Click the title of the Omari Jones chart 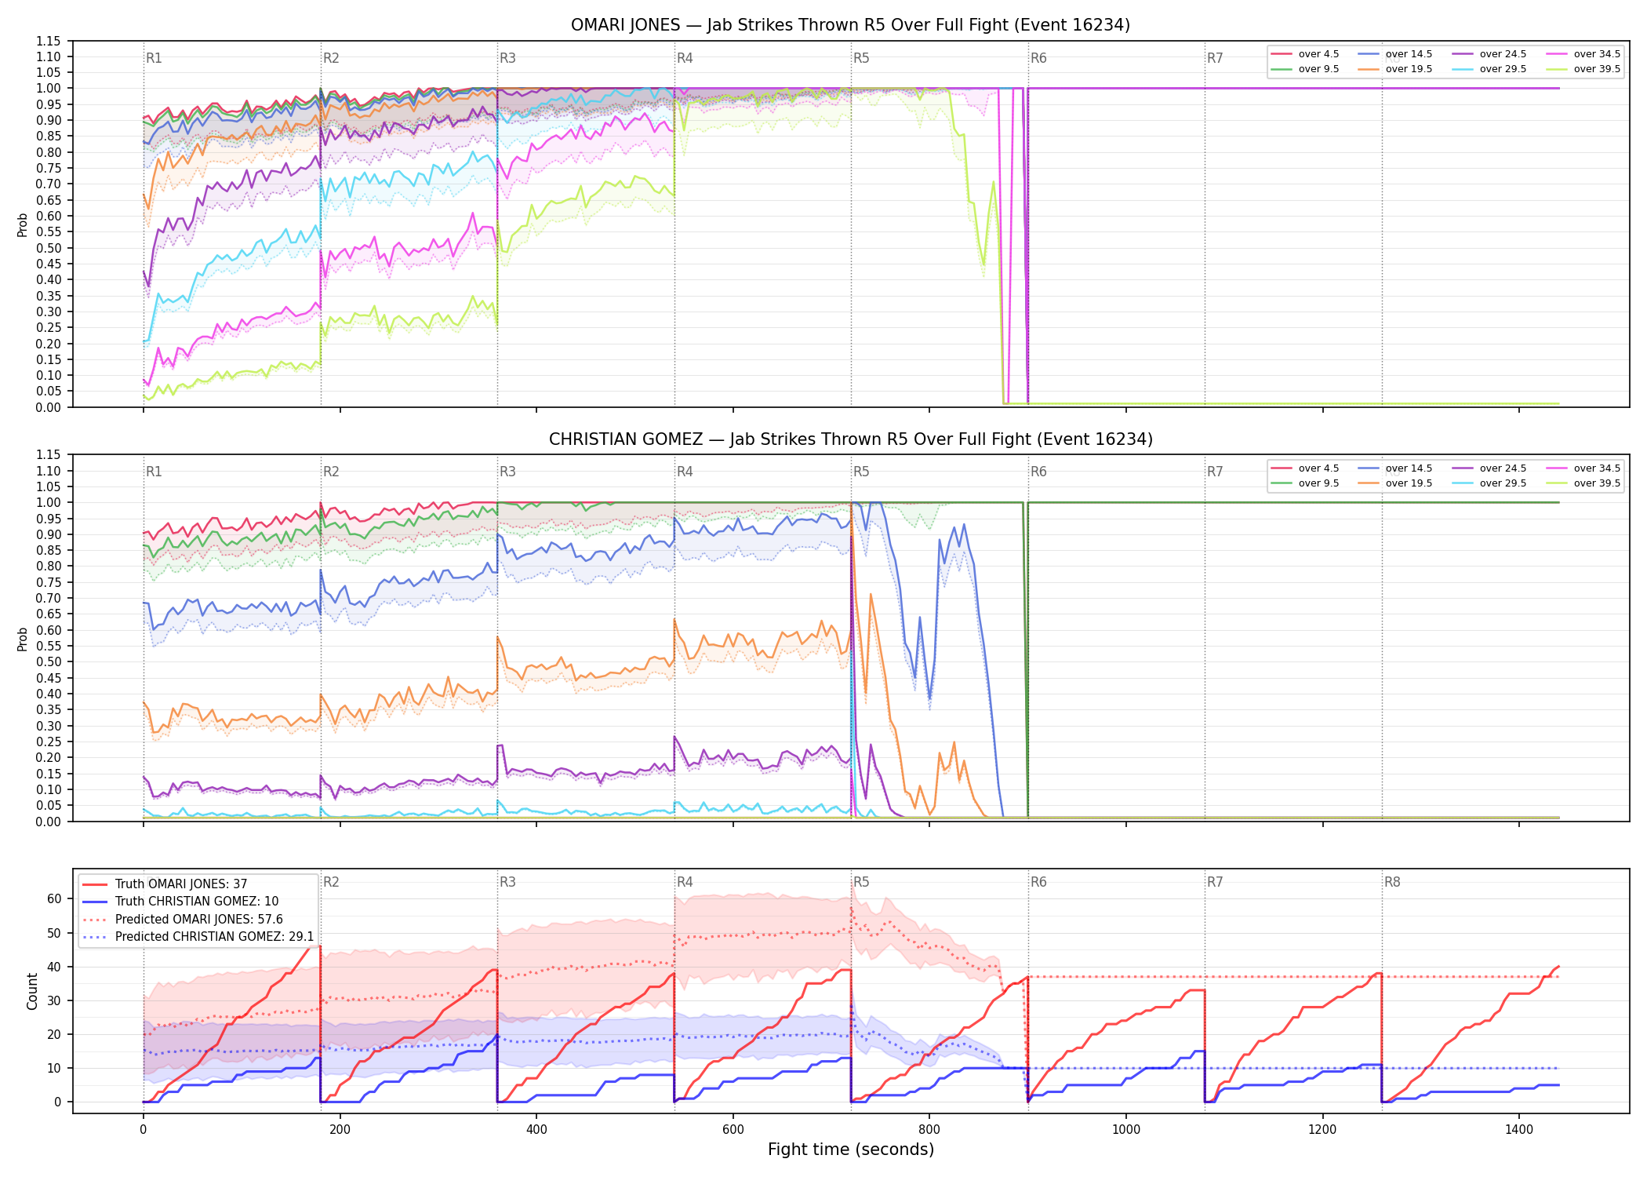850,25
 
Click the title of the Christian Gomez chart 850,439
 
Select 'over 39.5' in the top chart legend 1597,69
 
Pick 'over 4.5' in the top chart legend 1318,54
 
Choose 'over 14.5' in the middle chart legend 1409,468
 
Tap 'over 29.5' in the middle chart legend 1503,483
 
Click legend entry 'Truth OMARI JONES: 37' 181,884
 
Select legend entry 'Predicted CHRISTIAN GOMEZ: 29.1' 214,937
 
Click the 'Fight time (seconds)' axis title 851,1150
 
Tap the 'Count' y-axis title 32,991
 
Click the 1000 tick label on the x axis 1126,1129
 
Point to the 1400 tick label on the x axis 1519,1129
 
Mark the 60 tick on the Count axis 54,898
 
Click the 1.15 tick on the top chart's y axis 48,41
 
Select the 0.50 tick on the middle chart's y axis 48,661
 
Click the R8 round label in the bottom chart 1392,882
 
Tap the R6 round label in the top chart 1038,58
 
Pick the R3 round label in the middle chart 507,472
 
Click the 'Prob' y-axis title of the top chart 23,224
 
